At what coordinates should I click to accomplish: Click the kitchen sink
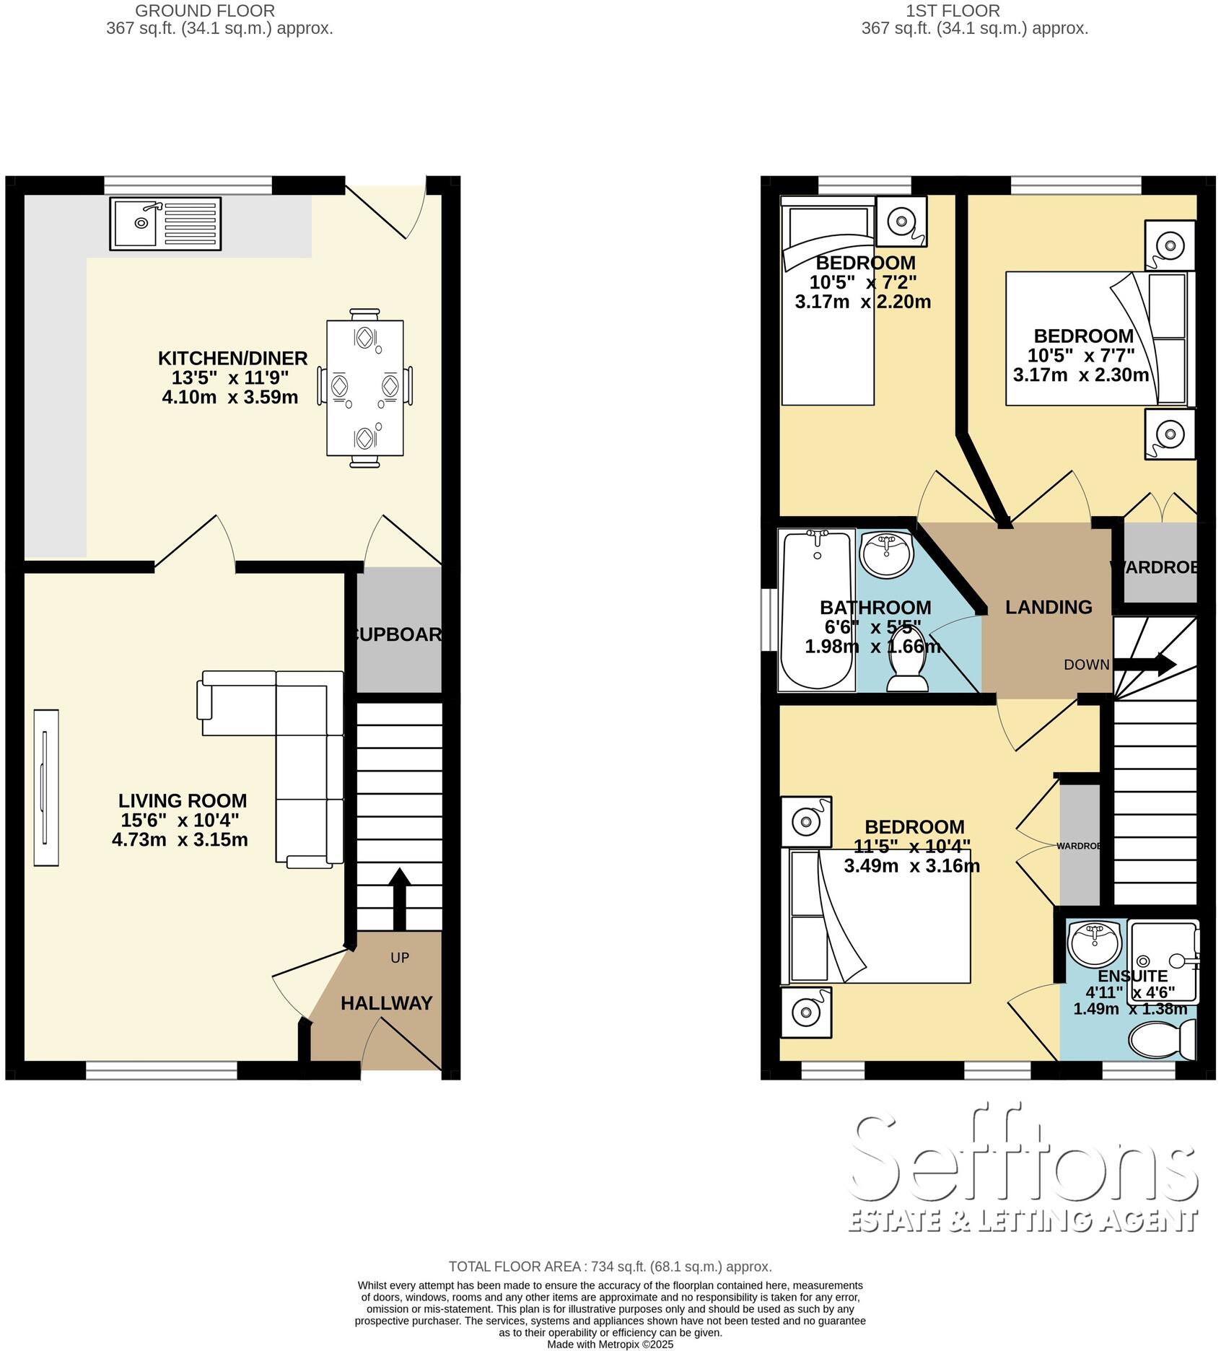pos(165,224)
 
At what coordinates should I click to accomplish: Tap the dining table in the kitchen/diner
pos(364,388)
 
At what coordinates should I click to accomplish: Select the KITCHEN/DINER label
pos(232,358)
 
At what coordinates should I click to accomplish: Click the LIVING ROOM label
pos(183,800)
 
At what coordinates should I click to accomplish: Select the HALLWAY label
pos(386,1003)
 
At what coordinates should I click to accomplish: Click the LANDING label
pos(1048,607)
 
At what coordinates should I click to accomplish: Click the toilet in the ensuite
pos(1159,1040)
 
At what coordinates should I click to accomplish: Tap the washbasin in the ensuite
pos(1094,941)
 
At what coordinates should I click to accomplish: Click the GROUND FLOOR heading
pos(205,11)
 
